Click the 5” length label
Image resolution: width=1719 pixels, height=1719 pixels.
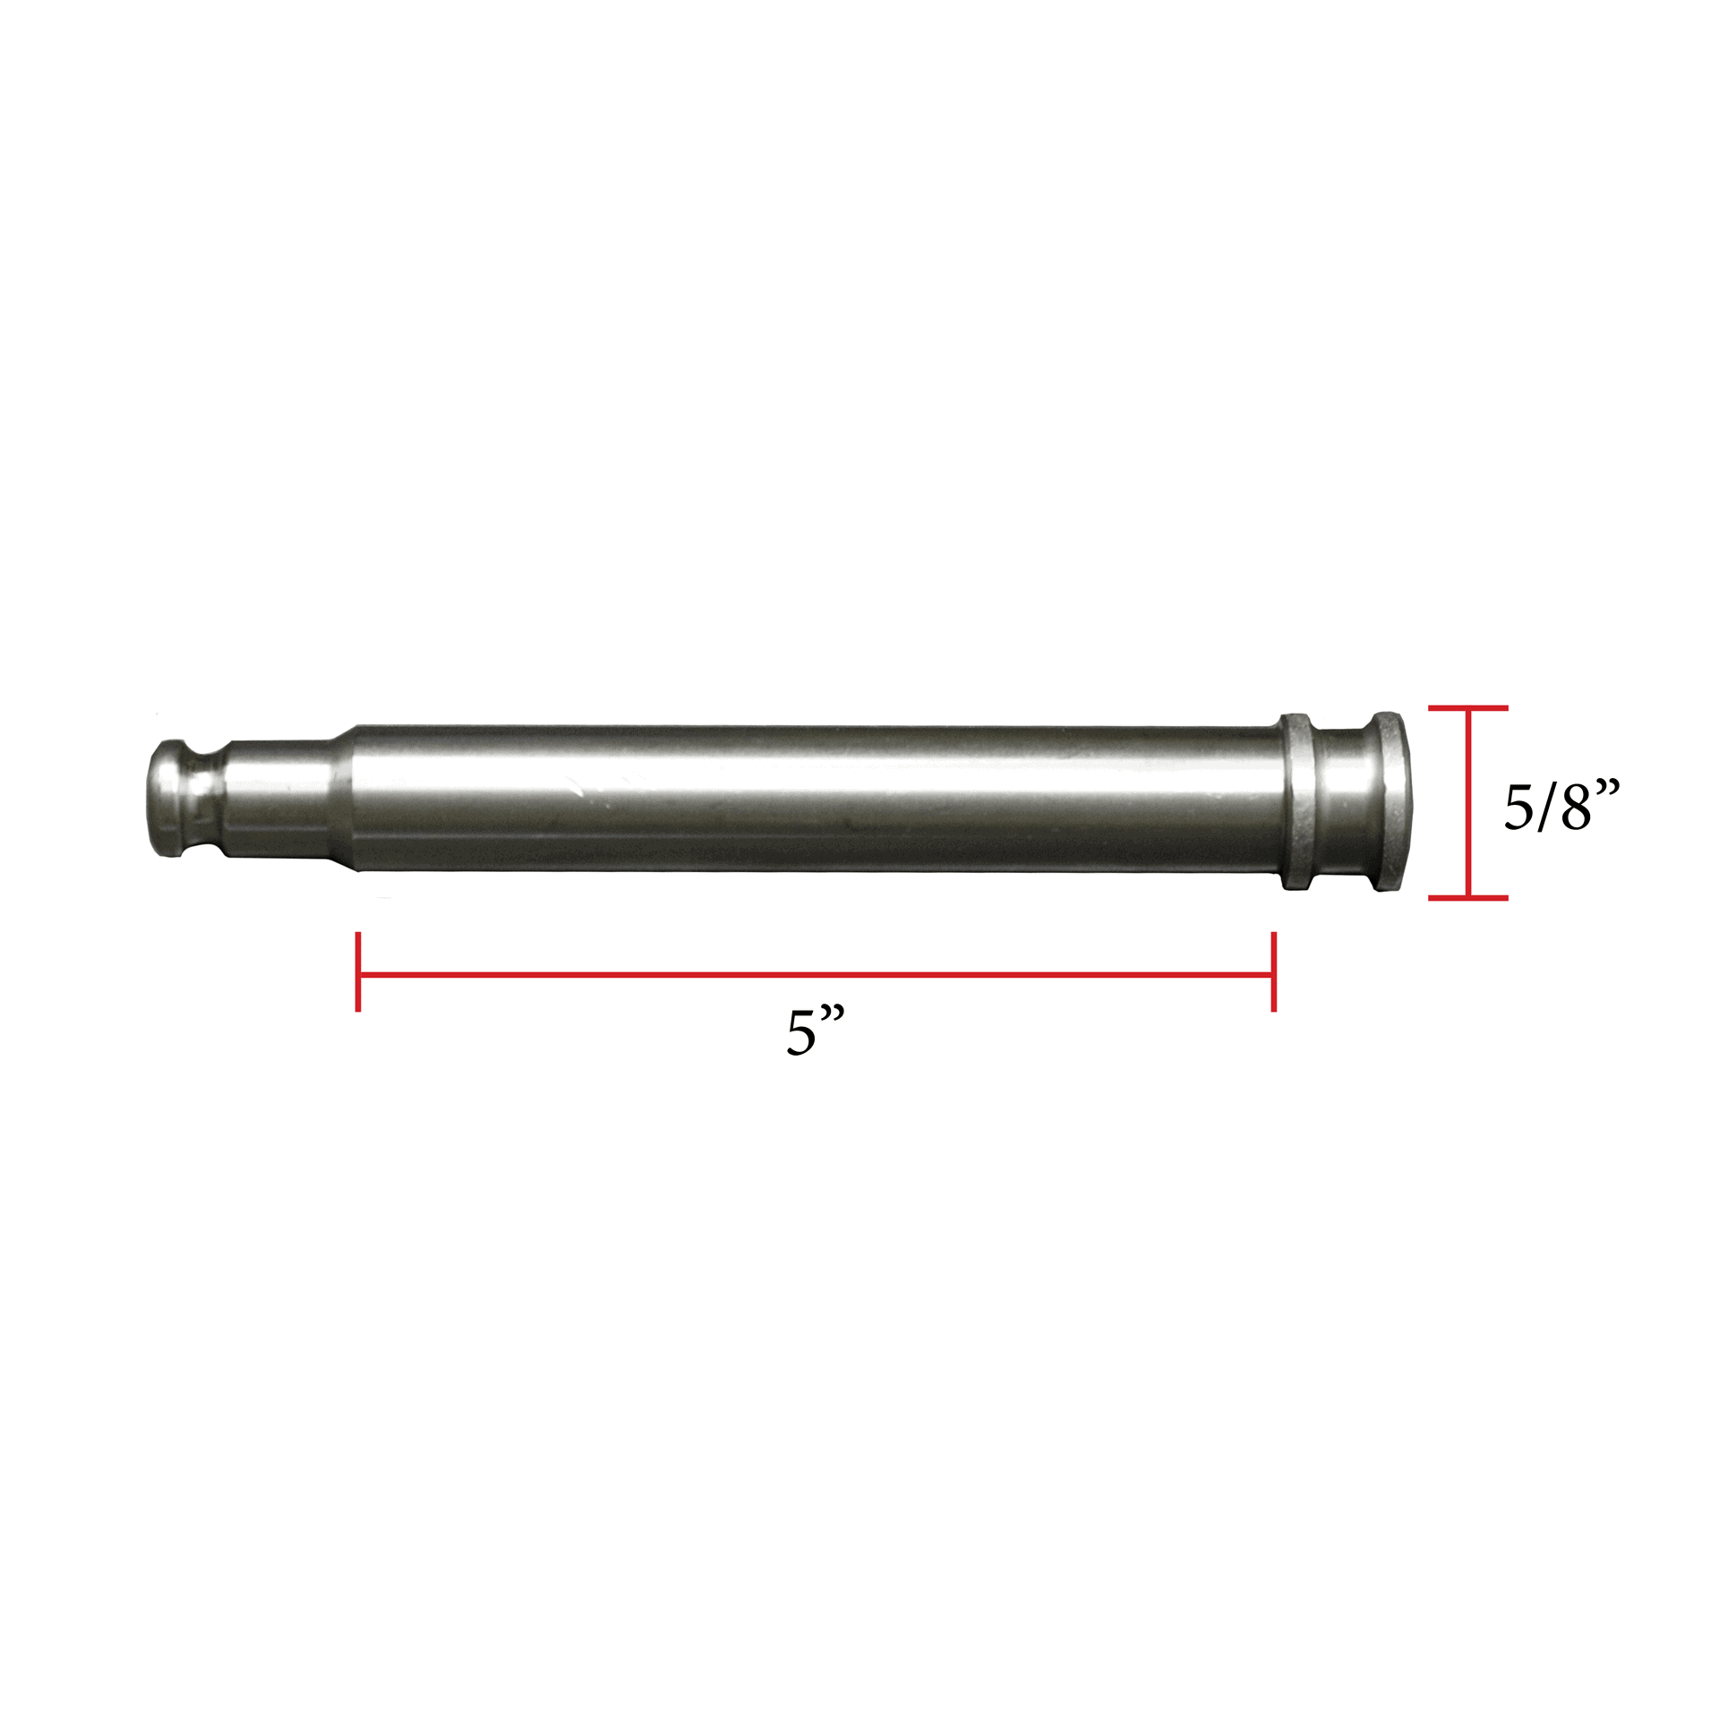pyautogui.click(x=816, y=1032)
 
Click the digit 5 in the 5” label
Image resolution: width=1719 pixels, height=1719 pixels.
pyautogui.click(x=801, y=1034)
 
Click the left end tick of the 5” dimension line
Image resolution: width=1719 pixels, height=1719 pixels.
pyautogui.click(x=358, y=972)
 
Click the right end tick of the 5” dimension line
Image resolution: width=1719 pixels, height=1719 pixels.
pyautogui.click(x=1273, y=972)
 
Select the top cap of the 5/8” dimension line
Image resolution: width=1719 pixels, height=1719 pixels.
pyautogui.click(x=1468, y=708)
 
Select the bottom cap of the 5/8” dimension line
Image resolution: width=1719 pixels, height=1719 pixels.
pyautogui.click(x=1468, y=896)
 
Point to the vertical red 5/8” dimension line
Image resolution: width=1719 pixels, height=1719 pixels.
pyautogui.click(x=1468, y=802)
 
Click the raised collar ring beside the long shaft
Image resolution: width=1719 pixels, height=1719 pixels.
pyautogui.click(x=1296, y=801)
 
